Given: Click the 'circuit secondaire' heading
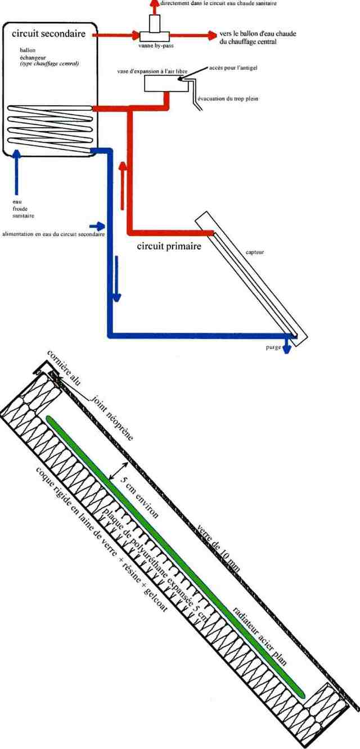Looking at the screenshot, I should [x=48, y=34].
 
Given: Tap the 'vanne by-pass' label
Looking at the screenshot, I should [x=156, y=46].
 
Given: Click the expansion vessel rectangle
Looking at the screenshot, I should [x=163, y=84].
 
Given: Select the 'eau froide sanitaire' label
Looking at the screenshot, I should [x=23, y=209].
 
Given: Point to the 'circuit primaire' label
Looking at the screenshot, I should [x=169, y=246].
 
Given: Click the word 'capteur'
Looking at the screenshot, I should [x=255, y=252].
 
